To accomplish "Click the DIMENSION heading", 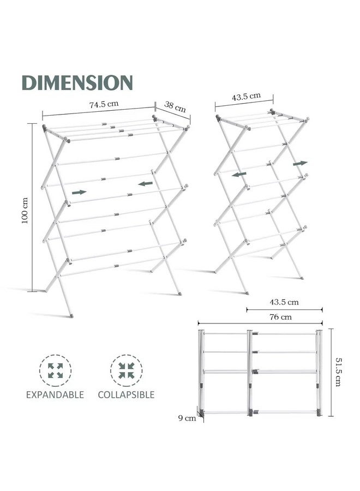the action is pos(77,82).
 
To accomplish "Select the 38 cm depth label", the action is pos(175,106).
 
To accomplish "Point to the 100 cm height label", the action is pos(25,210).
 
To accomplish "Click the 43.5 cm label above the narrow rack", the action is pos(246,96).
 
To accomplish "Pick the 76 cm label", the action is pos(280,317).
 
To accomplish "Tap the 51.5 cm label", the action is pos(338,372).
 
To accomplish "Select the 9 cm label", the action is pos(187,418).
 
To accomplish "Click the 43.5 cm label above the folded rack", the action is pos(284,302).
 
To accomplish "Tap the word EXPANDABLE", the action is pos(55,394).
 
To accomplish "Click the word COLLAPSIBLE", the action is pos(126,394).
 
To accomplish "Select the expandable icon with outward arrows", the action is pos(56,370).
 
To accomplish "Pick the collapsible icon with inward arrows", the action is pos(127,370).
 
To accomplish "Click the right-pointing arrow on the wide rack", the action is pos(79,192).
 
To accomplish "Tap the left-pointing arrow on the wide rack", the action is pos(146,183).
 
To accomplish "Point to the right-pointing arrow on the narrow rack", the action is pos(300,164).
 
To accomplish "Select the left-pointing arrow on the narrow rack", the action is pos(239,174).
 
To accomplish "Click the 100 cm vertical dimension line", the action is pos(32,208).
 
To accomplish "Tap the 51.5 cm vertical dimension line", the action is pos(332,372).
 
